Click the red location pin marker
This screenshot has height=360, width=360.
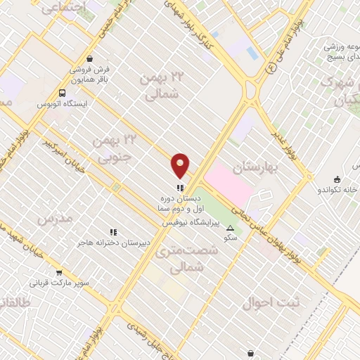(181, 165)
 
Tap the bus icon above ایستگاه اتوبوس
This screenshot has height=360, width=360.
(63, 92)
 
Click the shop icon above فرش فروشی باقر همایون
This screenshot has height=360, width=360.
(89, 60)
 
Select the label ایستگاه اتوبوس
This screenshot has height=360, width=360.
(61, 104)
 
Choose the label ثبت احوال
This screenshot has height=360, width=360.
(271, 303)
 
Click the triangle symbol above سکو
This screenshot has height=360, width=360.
(230, 228)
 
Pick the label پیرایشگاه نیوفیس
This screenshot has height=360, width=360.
(191, 222)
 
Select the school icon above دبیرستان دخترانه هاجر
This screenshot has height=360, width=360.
(112, 232)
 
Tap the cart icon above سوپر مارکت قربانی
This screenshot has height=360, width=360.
(59, 272)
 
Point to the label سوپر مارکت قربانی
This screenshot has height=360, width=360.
(59, 283)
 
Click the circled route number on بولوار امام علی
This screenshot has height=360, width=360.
(271, 70)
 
